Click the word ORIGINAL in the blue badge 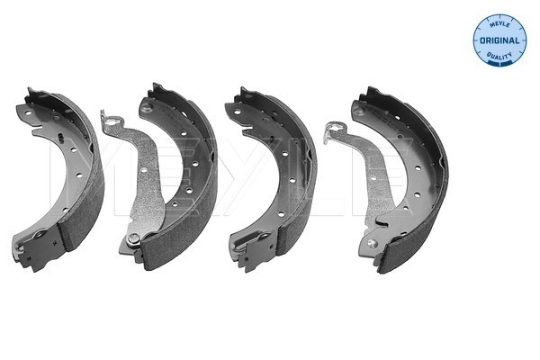(x=499, y=40)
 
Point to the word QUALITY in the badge (x=499, y=56)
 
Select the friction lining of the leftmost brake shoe (x=83, y=186)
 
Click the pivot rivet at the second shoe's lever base (x=133, y=238)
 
